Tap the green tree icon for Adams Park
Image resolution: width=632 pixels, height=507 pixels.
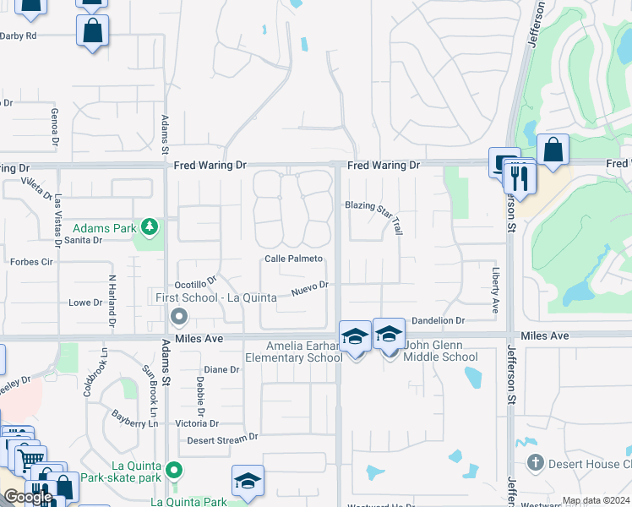click(150, 226)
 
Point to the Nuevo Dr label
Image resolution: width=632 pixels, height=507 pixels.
click(310, 288)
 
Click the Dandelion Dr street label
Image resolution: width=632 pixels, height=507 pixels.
click(439, 321)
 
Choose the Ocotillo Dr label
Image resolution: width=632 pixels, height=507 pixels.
click(196, 281)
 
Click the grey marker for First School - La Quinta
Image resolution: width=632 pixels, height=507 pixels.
click(178, 317)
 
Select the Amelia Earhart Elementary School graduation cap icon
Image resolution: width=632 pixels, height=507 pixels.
click(355, 336)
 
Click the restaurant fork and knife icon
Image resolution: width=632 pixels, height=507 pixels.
click(520, 177)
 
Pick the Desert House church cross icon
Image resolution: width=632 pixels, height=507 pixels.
click(535, 462)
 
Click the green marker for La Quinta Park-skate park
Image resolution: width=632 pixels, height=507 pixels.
click(174, 470)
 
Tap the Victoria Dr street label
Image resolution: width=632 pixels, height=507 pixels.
click(196, 423)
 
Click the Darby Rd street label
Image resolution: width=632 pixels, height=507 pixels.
click(19, 35)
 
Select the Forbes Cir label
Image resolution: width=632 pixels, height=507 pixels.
click(30, 262)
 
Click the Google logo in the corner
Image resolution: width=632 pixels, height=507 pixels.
click(27, 497)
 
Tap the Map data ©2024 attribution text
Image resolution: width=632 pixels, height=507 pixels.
click(595, 500)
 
